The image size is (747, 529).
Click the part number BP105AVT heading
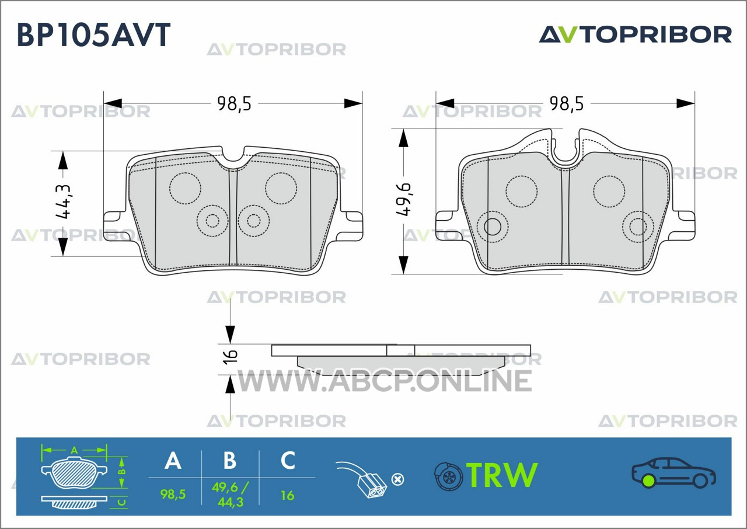click(94, 34)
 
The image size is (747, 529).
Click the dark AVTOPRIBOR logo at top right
click(636, 34)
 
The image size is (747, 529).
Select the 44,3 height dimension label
click(64, 201)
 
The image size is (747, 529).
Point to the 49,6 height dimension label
click(404, 200)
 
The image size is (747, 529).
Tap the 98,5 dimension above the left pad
click(234, 103)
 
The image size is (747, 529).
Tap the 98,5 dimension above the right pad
click(567, 103)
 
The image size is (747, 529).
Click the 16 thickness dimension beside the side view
click(231, 356)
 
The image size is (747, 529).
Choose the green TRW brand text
click(502, 475)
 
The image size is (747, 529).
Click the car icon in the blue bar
click(673, 472)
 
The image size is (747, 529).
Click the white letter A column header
click(173, 460)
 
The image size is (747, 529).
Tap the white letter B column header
click(230, 460)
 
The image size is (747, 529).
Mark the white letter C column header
click(288, 460)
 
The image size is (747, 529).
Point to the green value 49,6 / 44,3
click(230, 495)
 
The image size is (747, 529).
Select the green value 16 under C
click(288, 496)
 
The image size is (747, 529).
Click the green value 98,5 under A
click(173, 494)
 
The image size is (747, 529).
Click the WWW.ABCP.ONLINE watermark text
click(384, 381)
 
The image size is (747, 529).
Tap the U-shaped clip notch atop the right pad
click(566, 150)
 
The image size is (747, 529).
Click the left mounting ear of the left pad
click(113, 226)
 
